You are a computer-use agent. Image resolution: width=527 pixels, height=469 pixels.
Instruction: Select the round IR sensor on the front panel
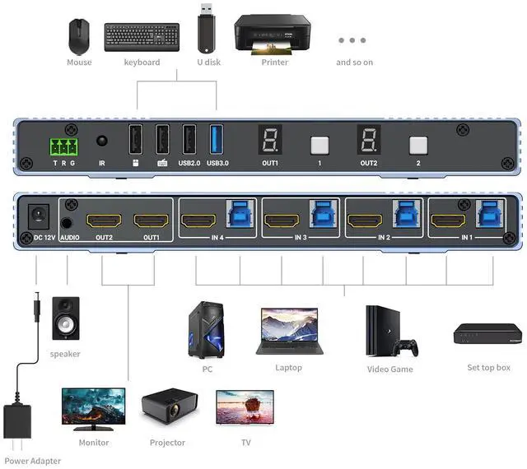pos(103,142)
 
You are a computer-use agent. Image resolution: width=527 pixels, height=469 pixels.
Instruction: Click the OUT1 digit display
pos(270,141)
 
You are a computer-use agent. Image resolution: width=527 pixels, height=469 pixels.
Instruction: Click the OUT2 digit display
pos(368,141)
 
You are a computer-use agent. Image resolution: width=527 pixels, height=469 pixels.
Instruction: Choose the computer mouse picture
pos(80,36)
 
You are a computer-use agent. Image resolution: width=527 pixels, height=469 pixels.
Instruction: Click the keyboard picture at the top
pos(142,36)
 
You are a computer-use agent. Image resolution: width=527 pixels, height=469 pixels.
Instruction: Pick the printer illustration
pos(273,34)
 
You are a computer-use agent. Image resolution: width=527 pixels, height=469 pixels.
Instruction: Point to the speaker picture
pos(66,318)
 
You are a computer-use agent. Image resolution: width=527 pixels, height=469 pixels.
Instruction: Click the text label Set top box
pos(488,368)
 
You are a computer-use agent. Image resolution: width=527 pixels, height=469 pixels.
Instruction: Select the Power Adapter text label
pos(33,461)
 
